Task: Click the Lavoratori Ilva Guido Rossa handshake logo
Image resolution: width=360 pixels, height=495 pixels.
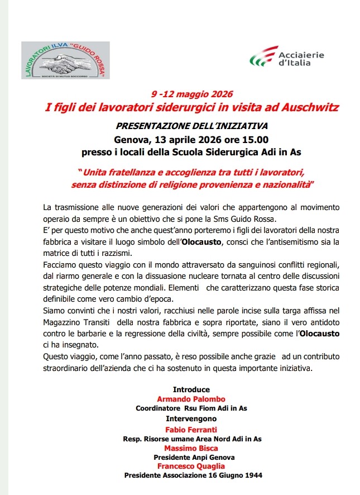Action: (x=65, y=60)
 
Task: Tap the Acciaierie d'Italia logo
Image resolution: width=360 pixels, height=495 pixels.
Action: (x=286, y=56)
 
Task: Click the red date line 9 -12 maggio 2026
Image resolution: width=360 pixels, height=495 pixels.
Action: (x=191, y=94)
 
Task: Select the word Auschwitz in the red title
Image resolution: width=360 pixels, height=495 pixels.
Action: (x=307, y=107)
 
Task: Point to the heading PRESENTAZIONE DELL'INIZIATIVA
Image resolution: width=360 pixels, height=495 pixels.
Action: (x=191, y=126)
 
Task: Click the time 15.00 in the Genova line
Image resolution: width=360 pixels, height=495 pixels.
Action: (x=256, y=139)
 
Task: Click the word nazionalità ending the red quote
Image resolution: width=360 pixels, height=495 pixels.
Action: (x=285, y=183)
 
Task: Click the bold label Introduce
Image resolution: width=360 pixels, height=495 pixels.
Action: (x=191, y=389)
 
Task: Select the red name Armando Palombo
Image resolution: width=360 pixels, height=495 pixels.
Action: (x=191, y=399)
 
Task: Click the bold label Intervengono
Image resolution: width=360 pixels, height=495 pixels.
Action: (x=191, y=418)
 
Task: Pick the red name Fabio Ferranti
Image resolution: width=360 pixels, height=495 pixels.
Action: (x=191, y=430)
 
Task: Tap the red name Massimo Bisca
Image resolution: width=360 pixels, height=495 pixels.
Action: (x=191, y=448)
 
